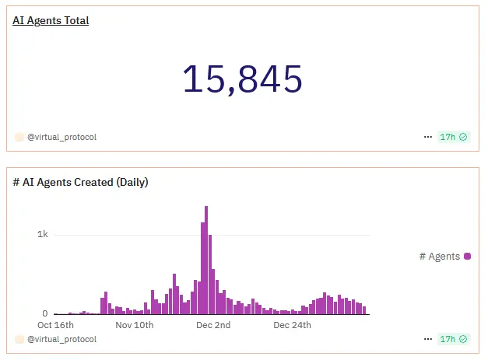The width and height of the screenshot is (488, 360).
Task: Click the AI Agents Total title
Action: pos(51,21)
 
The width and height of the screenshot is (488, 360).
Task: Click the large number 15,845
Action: pos(241,79)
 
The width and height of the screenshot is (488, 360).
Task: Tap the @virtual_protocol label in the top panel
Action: pos(61,137)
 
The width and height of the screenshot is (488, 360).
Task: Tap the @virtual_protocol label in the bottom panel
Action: pos(61,339)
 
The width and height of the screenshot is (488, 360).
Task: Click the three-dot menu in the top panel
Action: pos(427,137)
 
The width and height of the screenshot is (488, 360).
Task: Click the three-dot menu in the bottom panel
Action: pos(427,339)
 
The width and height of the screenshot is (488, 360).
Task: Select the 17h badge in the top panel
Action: pos(453,137)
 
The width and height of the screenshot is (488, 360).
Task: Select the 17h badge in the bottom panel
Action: pos(453,339)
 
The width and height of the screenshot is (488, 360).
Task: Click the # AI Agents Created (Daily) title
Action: pos(81,183)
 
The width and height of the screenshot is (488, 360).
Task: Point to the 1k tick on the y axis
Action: pos(43,235)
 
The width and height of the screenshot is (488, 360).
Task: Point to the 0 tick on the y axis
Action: pos(45,313)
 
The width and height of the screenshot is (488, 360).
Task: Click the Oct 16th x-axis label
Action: pos(56,325)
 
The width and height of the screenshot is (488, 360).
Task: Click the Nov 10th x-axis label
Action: pos(135,325)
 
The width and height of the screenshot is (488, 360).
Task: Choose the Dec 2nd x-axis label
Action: pos(213,325)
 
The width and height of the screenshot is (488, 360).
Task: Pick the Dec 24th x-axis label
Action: pos(292,325)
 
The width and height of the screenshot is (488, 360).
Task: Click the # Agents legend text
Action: pos(439,257)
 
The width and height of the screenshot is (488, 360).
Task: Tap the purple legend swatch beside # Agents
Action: pos(467,256)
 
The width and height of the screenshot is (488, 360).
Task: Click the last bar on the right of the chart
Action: pos(363,309)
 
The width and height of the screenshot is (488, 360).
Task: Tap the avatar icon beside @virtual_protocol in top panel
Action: pos(19,137)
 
